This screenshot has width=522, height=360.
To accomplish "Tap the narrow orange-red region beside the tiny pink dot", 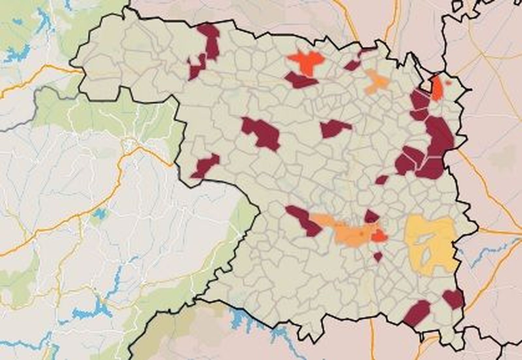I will point(437,88).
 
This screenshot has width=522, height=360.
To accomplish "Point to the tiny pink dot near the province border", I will point(449,83).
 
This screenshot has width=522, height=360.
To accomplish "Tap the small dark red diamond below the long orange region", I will point(378,257).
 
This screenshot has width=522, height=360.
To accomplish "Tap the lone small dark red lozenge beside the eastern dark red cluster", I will point(382,179).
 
